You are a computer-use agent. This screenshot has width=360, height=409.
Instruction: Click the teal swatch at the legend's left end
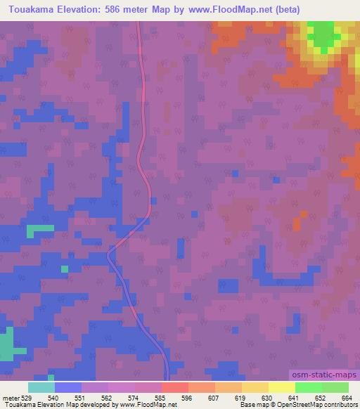pos(41,388)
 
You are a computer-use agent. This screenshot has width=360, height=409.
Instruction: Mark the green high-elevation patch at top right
pos(321,35)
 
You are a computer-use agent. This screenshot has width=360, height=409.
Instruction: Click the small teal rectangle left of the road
pos(40,229)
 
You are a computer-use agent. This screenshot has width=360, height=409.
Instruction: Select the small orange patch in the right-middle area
pos(295,225)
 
